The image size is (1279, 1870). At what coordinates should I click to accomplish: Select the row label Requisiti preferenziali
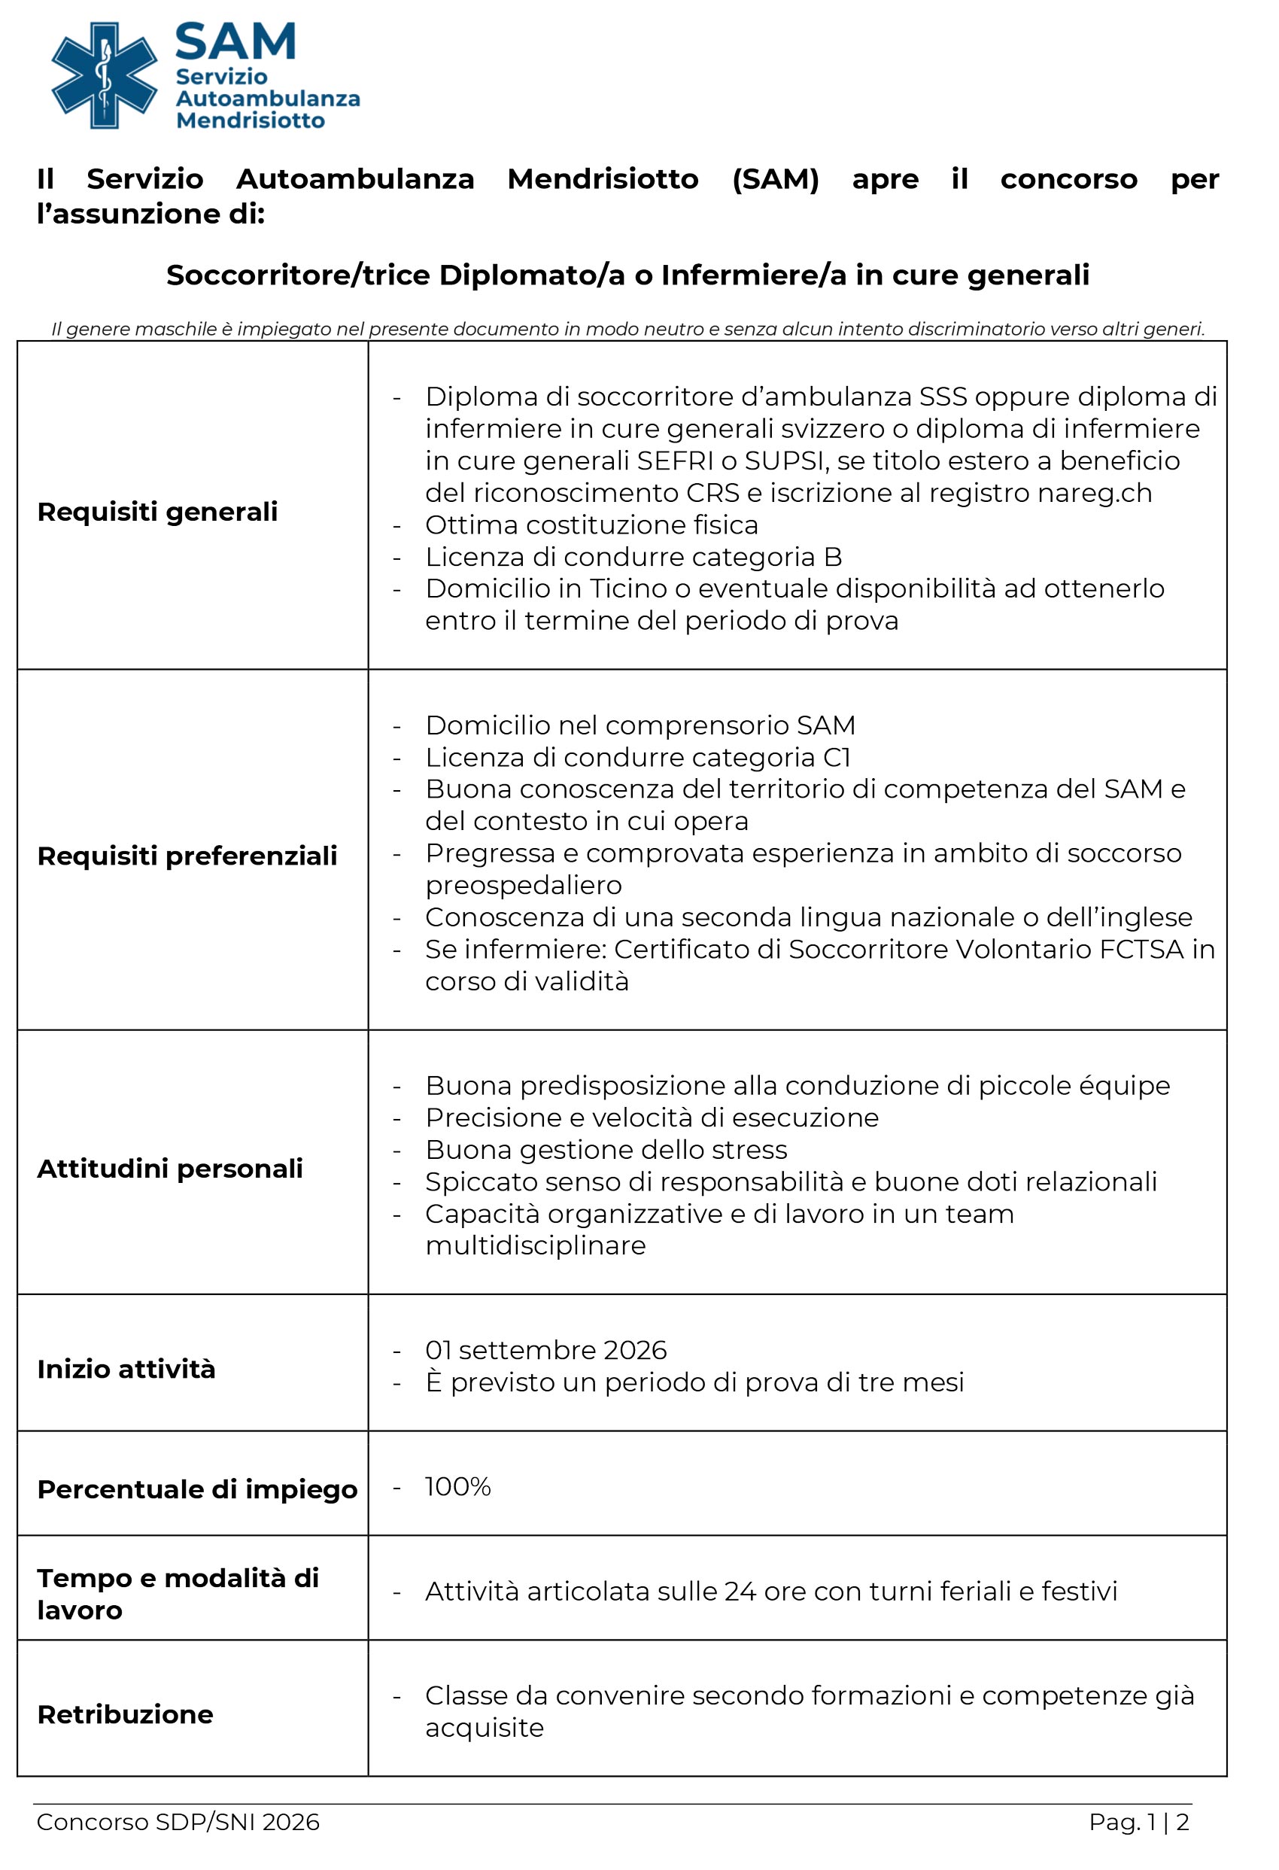(187, 856)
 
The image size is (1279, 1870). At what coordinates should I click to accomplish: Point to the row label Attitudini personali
(170, 1169)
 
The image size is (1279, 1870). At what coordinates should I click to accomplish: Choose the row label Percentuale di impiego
(197, 1489)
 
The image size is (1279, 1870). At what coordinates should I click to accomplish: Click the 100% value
(457, 1486)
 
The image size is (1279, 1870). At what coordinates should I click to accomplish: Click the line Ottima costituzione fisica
(591, 525)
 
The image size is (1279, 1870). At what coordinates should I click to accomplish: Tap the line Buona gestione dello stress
(606, 1150)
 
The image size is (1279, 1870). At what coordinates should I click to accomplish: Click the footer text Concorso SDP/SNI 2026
(178, 1822)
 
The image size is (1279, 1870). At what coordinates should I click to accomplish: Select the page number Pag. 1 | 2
(1138, 1822)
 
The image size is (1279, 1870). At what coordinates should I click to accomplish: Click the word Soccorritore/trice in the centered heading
(299, 275)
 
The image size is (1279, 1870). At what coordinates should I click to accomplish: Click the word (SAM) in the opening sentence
(776, 178)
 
